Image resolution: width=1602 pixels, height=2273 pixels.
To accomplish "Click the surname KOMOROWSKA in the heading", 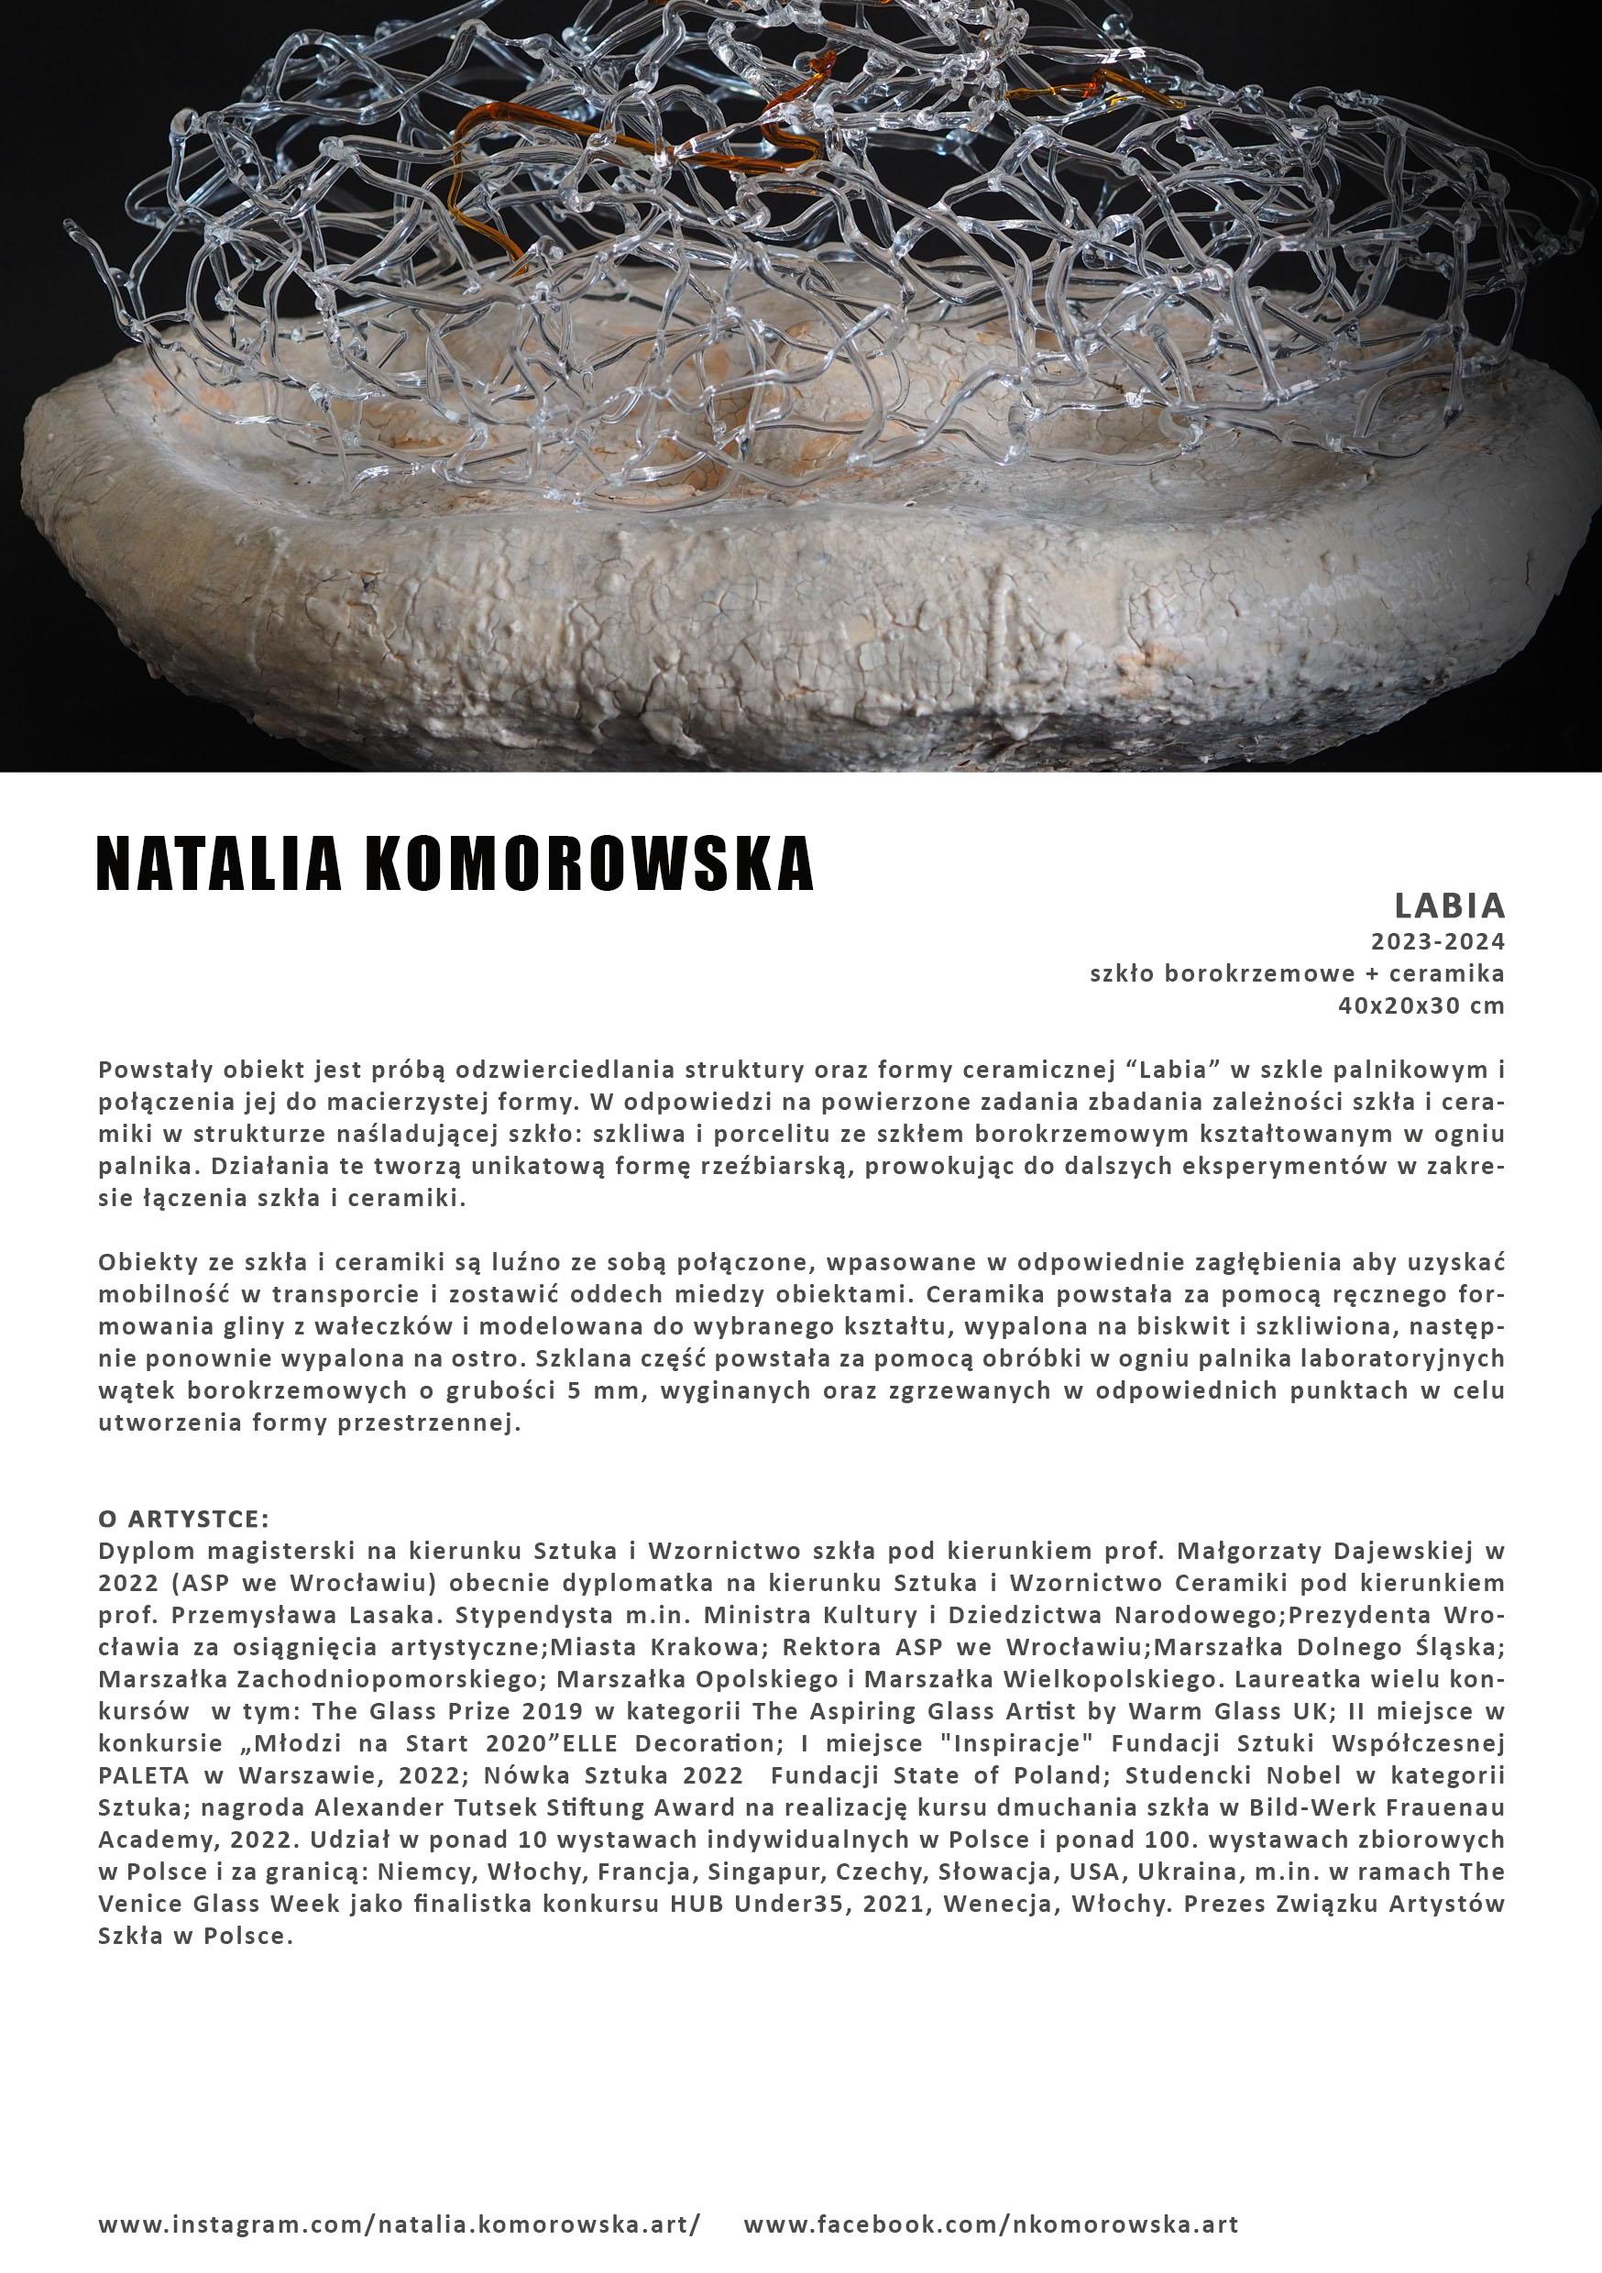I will point(589,864).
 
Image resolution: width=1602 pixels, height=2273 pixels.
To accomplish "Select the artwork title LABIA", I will point(1450,905).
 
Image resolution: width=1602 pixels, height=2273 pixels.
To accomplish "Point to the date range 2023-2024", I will point(1437,940).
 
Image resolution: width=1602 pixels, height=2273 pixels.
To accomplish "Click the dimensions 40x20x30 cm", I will point(1421,1005).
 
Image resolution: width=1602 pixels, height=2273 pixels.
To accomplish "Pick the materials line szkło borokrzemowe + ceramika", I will point(1297,973).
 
